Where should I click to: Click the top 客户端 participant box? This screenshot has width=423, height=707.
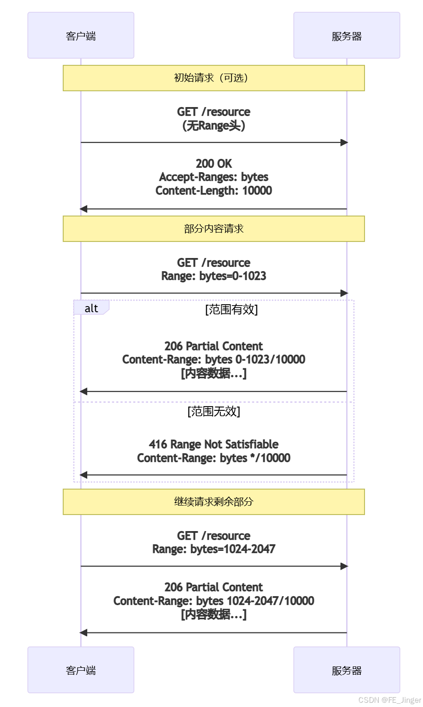[x=81, y=35]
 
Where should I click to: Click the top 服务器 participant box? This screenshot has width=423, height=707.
[x=347, y=35]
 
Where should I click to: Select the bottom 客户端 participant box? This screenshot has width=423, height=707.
[x=81, y=670]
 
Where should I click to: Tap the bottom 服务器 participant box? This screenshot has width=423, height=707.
[x=347, y=670]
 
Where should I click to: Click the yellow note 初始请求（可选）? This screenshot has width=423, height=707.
[x=214, y=78]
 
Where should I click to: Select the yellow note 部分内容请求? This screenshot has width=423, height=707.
[x=214, y=229]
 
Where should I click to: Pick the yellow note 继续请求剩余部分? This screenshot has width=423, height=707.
[x=214, y=501]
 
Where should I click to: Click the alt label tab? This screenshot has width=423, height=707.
[x=91, y=308]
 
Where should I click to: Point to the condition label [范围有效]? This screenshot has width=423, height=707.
[x=231, y=309]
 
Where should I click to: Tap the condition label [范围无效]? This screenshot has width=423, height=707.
[x=214, y=411]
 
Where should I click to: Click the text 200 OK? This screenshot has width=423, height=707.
[x=214, y=164]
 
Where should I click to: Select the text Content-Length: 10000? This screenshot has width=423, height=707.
[x=214, y=191]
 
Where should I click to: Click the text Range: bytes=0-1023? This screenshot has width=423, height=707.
[x=214, y=276]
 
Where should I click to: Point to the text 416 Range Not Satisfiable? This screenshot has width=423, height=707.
[x=214, y=444]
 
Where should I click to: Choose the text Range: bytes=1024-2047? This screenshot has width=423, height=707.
[x=214, y=549]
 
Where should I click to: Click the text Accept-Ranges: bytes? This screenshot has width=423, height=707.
[x=214, y=177]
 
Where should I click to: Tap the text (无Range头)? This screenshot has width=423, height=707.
[x=214, y=125]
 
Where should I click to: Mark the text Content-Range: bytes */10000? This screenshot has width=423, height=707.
[x=214, y=458]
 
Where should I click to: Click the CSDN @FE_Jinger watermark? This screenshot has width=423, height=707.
[x=390, y=700]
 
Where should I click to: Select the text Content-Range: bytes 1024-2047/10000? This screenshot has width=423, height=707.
[x=214, y=601]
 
